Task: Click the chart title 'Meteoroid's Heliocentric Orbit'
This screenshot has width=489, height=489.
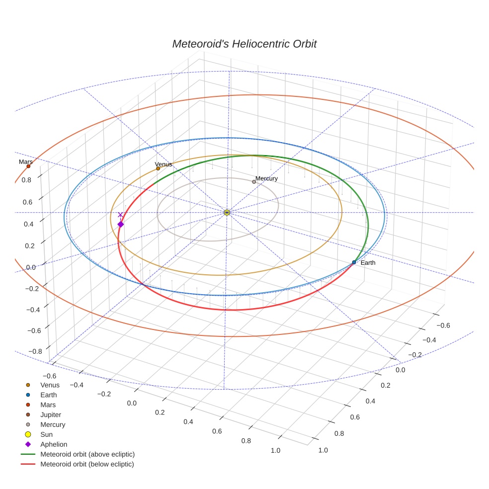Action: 244,44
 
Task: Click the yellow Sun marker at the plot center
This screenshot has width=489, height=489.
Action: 227,213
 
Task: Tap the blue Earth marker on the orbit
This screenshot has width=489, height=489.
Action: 354,262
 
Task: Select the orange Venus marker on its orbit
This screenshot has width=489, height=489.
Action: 158,168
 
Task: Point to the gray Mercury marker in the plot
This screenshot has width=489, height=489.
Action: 254,182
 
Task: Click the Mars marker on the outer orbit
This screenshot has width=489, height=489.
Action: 28,166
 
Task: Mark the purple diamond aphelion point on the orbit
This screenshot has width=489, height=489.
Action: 120,225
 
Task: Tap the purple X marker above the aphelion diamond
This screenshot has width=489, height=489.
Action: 120,215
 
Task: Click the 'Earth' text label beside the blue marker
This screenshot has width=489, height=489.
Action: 368,262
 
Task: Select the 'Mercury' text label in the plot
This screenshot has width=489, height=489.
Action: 266,178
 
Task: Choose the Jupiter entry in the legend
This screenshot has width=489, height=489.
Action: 51,414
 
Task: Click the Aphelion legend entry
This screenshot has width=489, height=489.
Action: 53,444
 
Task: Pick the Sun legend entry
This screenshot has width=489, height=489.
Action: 46,434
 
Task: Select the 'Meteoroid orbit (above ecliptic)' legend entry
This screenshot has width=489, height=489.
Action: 87,454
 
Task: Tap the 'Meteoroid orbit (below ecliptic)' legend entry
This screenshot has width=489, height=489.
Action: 87,464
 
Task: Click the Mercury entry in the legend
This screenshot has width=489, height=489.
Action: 53,424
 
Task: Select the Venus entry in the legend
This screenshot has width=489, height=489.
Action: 50,385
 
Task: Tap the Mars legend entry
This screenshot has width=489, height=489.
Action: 48,405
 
